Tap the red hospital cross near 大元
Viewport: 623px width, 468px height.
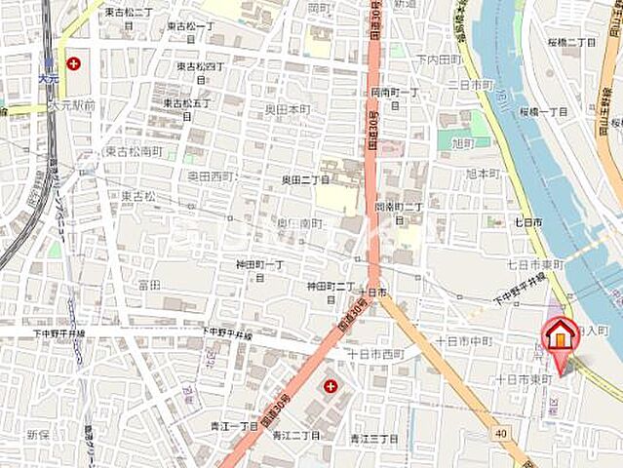73,64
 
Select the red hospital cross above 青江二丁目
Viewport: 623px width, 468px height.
331,387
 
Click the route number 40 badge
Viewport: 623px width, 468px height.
499,432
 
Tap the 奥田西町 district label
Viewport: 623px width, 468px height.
212,176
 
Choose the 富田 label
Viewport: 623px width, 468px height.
149,284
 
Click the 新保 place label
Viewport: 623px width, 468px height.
38,434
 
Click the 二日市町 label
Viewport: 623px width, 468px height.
471,85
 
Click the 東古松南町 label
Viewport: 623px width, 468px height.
134,151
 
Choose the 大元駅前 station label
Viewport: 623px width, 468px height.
74,104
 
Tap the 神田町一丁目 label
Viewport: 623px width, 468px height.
259,270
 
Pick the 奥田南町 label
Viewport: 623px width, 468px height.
298,223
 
